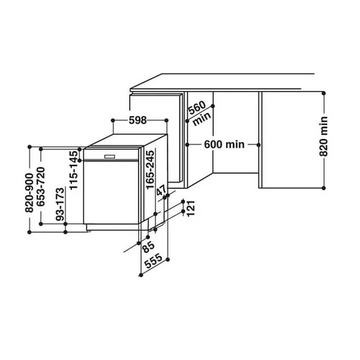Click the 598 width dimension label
coord(138,120)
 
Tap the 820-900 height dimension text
coord(29,193)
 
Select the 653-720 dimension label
coord(41,187)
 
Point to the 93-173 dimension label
coord(60,204)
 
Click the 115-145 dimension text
coord(74,170)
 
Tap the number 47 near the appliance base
coord(161,190)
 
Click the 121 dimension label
coord(191,208)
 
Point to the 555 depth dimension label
coord(154,261)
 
